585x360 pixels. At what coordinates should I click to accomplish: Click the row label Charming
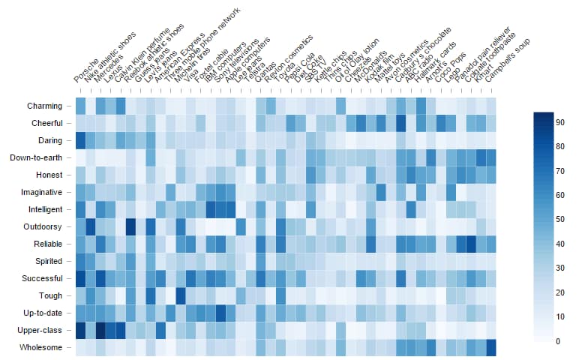(46, 106)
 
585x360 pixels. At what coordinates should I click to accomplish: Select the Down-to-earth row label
(37, 157)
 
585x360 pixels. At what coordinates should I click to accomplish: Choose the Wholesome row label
(43, 347)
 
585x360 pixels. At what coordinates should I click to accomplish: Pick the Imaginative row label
(42, 192)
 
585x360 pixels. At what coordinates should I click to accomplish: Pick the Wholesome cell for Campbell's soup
(491, 347)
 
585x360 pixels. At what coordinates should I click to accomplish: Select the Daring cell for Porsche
(80, 140)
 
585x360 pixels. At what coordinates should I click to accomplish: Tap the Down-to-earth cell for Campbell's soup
(491, 157)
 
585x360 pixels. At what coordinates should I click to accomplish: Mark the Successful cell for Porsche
(80, 278)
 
